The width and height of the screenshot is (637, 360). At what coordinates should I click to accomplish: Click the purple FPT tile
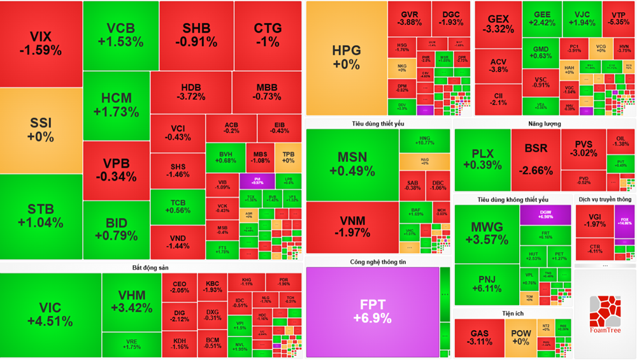373,312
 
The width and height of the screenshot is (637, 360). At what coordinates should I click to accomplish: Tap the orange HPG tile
346,57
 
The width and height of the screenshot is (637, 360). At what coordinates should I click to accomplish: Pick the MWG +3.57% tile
487,232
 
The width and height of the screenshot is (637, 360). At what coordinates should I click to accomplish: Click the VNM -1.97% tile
352,226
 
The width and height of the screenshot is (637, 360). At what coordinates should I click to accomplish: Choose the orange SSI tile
41,129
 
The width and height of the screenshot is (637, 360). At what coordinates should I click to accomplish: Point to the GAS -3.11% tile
479,338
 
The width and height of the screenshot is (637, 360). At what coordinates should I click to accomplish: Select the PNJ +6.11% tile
487,284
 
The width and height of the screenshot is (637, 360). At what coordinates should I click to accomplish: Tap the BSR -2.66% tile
535,159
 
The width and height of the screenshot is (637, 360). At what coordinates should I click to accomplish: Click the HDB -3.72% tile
191,92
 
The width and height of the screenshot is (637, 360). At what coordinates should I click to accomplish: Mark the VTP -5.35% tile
618,18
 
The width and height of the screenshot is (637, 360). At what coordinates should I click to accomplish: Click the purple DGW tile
545,214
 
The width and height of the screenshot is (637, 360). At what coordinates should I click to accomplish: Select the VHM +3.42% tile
131,301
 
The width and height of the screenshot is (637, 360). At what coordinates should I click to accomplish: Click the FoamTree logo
605,315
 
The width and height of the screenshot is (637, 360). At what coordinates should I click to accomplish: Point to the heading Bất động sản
150,268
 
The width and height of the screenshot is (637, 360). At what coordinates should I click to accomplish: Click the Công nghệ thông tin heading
378,262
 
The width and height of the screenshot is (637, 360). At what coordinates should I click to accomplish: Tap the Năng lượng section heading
544,124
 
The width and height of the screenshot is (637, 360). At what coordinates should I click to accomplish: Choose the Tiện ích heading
512,313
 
